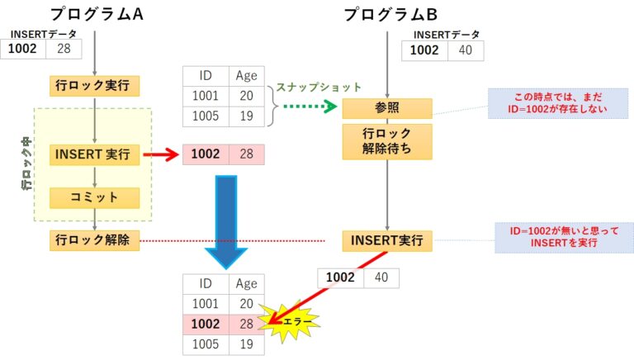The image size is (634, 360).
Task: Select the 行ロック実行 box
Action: [x=95, y=85]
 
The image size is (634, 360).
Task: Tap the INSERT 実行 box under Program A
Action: [x=95, y=154]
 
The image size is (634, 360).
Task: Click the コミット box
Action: [x=95, y=198]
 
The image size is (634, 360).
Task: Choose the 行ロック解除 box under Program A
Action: [x=95, y=241]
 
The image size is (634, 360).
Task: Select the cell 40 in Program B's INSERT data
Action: [x=466, y=50]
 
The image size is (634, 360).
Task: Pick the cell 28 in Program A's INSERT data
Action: [x=63, y=50]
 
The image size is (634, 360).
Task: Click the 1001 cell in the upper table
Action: [x=204, y=95]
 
